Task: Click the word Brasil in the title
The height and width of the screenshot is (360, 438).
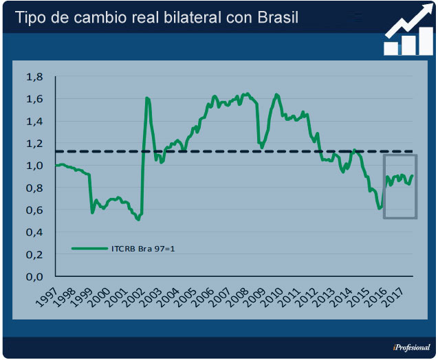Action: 276,18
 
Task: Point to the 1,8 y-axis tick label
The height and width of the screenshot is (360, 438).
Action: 34,77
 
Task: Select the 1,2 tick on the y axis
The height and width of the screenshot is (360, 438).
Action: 34,144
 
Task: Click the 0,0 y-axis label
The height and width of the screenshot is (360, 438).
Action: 34,277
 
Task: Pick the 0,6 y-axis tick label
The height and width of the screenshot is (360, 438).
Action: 34,210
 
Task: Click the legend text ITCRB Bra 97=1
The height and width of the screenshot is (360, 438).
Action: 143,248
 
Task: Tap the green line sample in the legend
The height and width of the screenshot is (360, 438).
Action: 89,248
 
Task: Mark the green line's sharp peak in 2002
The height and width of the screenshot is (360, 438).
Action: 147,98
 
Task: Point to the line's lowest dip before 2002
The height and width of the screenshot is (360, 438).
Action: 138,219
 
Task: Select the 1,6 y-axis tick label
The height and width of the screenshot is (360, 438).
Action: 34,99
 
